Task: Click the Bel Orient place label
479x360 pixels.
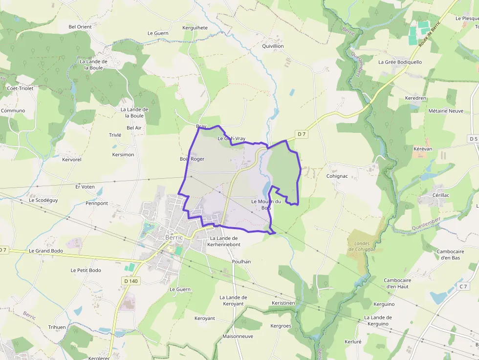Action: pos(80,26)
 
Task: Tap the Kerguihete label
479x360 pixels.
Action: pos(195,28)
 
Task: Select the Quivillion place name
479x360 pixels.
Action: pos(273,46)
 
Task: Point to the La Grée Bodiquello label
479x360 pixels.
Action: pos(400,62)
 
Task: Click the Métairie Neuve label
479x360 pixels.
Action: pos(445,111)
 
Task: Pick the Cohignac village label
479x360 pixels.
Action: pos(337,176)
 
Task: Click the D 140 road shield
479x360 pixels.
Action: pos(131,281)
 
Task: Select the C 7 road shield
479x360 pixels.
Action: pos(463,286)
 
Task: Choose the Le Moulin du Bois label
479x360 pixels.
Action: pos(266,205)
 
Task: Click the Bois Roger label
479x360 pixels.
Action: pos(192,159)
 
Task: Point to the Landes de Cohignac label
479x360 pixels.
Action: pos(362,246)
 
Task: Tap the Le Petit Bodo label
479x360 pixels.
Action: pos(86,270)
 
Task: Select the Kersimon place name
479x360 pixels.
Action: pos(123,155)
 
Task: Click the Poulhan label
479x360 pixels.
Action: pos(241,262)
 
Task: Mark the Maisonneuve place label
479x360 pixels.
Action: pos(238,336)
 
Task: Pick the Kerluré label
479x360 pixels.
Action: pos(353,341)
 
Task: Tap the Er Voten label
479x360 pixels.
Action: pos(85,187)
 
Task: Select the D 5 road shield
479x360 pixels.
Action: pos(473,139)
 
